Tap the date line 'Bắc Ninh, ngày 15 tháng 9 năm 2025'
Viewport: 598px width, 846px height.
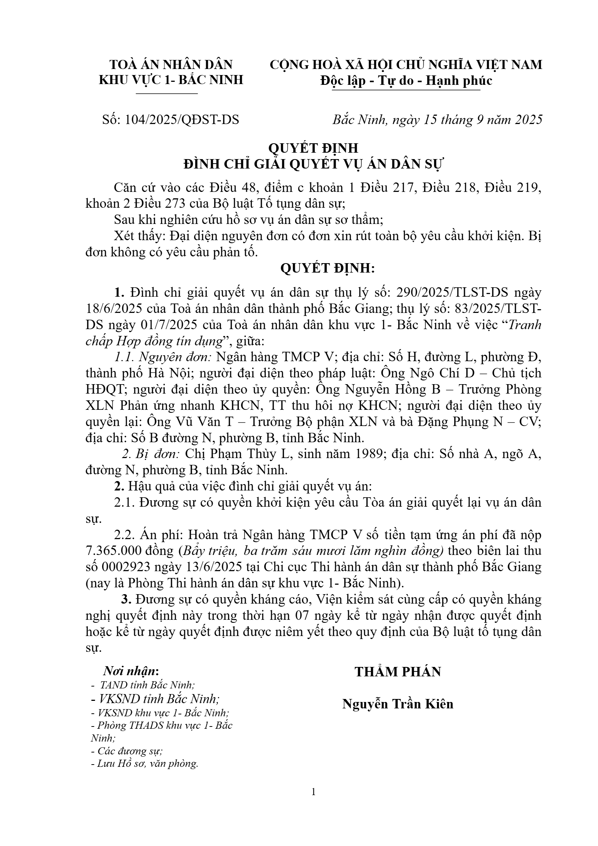[437, 120]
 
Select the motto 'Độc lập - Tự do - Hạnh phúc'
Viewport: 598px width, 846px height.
[406, 81]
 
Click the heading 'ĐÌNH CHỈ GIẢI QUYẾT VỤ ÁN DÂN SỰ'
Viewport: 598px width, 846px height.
[314, 165]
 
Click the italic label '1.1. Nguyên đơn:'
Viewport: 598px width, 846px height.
[164, 357]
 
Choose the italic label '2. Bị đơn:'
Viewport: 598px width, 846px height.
[150, 454]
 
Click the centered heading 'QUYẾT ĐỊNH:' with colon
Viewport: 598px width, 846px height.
[327, 268]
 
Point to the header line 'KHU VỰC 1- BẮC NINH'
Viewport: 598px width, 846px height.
[171, 80]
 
